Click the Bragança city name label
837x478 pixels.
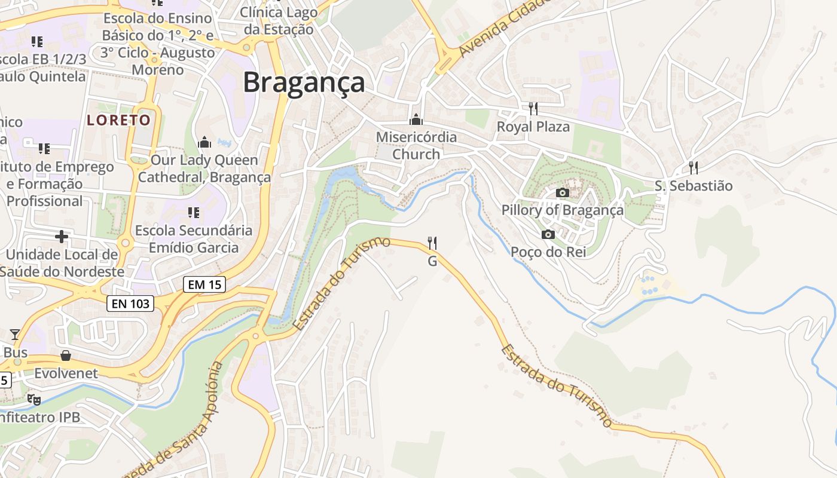[x=304, y=82]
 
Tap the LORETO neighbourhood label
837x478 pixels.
[x=119, y=120]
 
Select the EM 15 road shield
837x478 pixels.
[x=204, y=284]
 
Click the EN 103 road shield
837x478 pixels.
[x=130, y=304]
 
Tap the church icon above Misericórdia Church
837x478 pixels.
[x=416, y=119]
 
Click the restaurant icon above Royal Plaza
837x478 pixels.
[x=533, y=108]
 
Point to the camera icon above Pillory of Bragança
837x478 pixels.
[x=562, y=192]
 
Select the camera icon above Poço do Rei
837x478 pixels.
[x=548, y=234]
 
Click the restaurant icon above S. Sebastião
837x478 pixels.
[x=694, y=167]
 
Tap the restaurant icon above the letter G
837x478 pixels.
[x=432, y=243]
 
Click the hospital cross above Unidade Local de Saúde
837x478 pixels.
[x=62, y=237]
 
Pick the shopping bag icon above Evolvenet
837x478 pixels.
[x=66, y=356]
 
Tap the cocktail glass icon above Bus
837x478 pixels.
[x=15, y=335]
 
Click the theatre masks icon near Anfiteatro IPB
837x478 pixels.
[x=33, y=399]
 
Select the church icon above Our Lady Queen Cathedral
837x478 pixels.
[x=204, y=142]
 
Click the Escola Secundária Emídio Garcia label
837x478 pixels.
[x=193, y=239]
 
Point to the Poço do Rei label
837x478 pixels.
[x=548, y=252]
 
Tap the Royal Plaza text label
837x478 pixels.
[x=533, y=127]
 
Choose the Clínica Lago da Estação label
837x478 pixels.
[x=279, y=20]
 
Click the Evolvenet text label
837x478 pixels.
[x=66, y=373]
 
